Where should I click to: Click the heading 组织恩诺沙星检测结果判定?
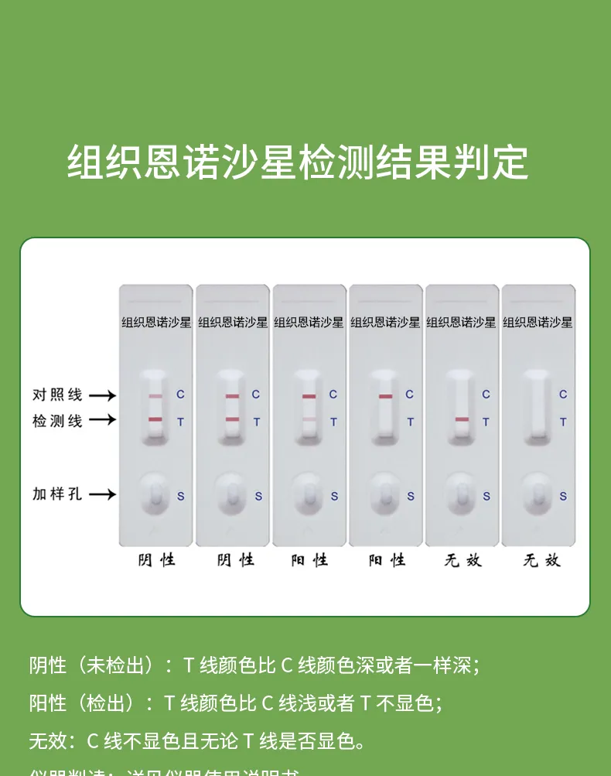pyautogui.click(x=298, y=162)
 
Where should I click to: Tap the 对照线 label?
pyautogui.click(x=57, y=395)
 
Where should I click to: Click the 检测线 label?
pyautogui.click(x=57, y=421)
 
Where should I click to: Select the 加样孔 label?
pyautogui.click(x=57, y=494)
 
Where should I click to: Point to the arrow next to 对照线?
pyautogui.click(x=102, y=395)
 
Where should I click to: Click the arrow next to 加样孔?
pyautogui.click(x=102, y=494)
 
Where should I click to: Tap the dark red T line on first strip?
pyautogui.click(x=155, y=419)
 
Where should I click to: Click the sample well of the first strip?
pyautogui.click(x=155, y=494)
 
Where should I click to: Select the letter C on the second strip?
pyautogui.click(x=256, y=395)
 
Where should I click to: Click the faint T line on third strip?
pyautogui.click(x=309, y=420)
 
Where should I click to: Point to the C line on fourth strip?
pyautogui.click(x=385, y=396)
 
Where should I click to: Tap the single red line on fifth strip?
pyautogui.click(x=462, y=419)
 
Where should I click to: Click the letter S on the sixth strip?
pyautogui.click(x=563, y=496)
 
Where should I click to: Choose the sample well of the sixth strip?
pyautogui.click(x=538, y=494)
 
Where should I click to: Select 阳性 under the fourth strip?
pyautogui.click(x=387, y=559)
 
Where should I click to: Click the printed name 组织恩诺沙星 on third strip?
pyautogui.click(x=309, y=322)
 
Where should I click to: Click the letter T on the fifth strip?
pyautogui.click(x=486, y=422)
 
